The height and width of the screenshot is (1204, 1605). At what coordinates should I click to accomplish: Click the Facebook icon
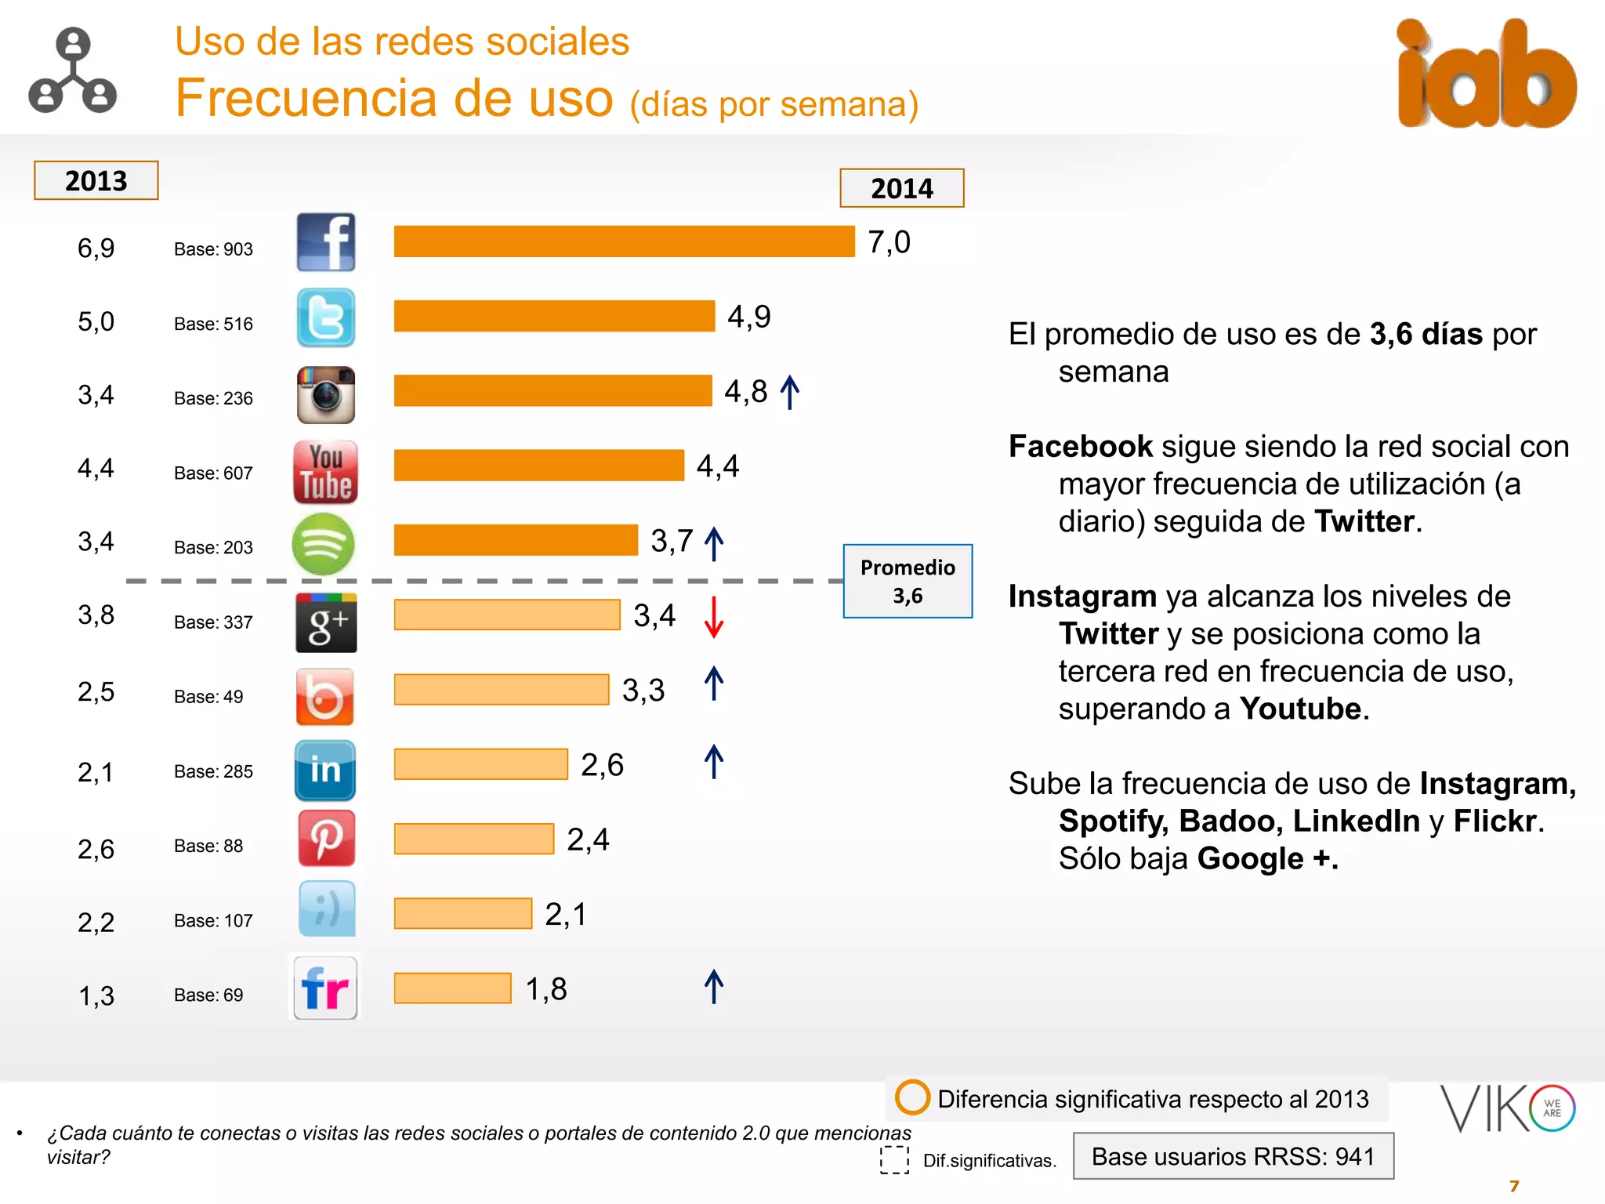pyautogui.click(x=326, y=242)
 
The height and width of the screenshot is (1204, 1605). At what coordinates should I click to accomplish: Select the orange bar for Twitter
pyautogui.click(x=554, y=316)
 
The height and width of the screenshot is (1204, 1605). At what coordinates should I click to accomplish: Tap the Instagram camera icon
pyautogui.click(x=326, y=394)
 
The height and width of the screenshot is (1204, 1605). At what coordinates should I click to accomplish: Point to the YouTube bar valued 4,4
pyautogui.click(x=538, y=465)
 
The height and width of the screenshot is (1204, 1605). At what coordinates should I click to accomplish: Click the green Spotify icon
pyautogui.click(x=323, y=544)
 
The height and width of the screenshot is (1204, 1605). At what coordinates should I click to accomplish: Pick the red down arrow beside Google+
pyautogui.click(x=713, y=617)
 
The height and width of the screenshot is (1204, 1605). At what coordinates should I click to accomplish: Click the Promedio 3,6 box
pyautogui.click(x=908, y=581)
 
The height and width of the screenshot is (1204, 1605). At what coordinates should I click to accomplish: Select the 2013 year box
pyautogui.click(x=96, y=180)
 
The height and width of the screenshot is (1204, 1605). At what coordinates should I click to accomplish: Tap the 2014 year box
pyautogui.click(x=901, y=188)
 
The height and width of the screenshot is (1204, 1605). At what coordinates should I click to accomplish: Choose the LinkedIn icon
pyautogui.click(x=325, y=770)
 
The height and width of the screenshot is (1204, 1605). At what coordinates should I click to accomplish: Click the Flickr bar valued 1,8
pyautogui.click(x=452, y=988)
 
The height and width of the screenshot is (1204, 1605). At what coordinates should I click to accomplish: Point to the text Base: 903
pyautogui.click(x=213, y=249)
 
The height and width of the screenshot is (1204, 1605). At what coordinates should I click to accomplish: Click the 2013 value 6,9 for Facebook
pyautogui.click(x=96, y=248)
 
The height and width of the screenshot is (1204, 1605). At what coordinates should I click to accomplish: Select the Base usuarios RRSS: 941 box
pyautogui.click(x=1233, y=1156)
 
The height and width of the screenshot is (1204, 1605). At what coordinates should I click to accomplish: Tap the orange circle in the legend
pyautogui.click(x=912, y=1097)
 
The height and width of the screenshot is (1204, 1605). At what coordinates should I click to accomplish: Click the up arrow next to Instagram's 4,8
pyautogui.click(x=790, y=392)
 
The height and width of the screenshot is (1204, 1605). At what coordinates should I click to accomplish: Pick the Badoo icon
pyautogui.click(x=325, y=696)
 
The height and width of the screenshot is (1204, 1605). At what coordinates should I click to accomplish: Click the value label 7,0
pyautogui.click(x=889, y=242)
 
